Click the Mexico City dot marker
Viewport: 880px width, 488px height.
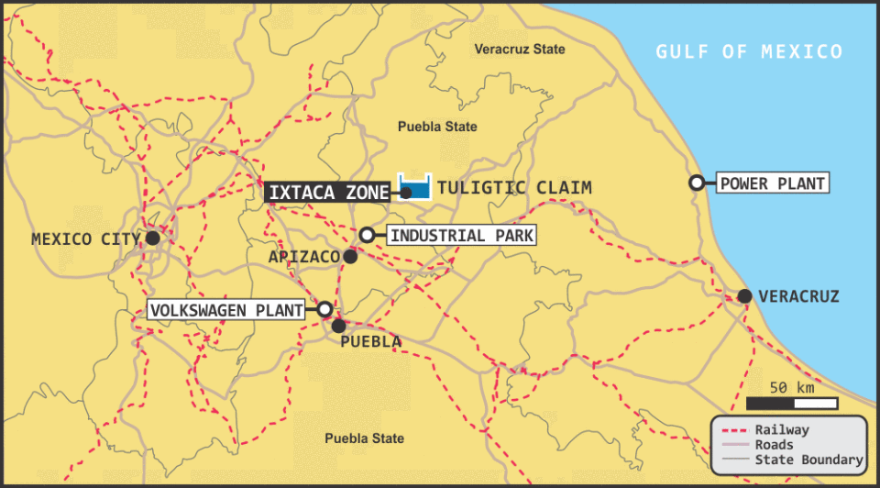click(x=152, y=238)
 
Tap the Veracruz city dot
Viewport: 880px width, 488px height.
click(x=744, y=295)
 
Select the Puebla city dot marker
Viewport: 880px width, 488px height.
click(x=338, y=325)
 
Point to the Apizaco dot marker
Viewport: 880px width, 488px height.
click(x=350, y=256)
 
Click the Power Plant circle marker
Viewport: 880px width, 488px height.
click(x=697, y=183)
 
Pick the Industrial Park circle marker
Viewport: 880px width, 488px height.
click(x=367, y=235)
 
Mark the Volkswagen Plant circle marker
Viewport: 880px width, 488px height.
click(x=324, y=309)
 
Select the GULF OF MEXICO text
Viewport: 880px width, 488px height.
click(x=748, y=51)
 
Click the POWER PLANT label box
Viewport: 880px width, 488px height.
click(x=772, y=183)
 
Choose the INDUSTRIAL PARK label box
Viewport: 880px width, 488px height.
click(x=461, y=235)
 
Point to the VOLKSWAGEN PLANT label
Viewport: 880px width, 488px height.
click(x=226, y=310)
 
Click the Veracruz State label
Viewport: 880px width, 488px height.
click(x=520, y=49)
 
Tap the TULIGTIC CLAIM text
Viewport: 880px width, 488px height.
click(x=514, y=188)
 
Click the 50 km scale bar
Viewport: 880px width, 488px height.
click(x=791, y=403)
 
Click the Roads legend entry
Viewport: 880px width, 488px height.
click(x=775, y=445)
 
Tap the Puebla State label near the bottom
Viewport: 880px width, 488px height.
click(x=364, y=438)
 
